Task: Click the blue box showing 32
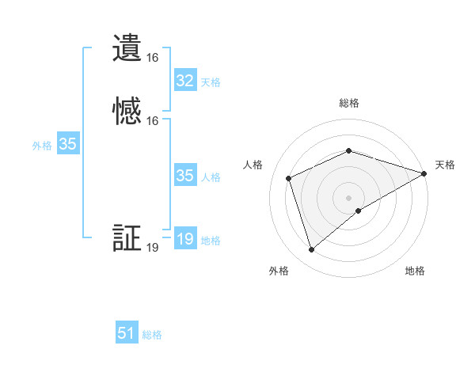point(184,81)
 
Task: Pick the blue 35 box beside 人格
point(184,176)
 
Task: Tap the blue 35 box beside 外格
point(67,144)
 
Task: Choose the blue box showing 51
point(127,333)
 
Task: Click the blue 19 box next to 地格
point(184,239)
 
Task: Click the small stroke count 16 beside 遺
point(153,58)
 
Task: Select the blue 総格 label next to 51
point(152,335)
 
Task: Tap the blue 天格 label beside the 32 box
point(211,82)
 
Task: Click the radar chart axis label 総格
point(349,103)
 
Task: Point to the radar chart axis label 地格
point(415,271)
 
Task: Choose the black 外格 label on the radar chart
point(279,271)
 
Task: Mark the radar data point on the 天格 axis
point(424,174)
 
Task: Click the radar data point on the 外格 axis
point(311,250)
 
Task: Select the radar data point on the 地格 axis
point(359,211)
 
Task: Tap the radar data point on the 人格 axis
point(290,178)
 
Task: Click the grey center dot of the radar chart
point(349,197)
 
